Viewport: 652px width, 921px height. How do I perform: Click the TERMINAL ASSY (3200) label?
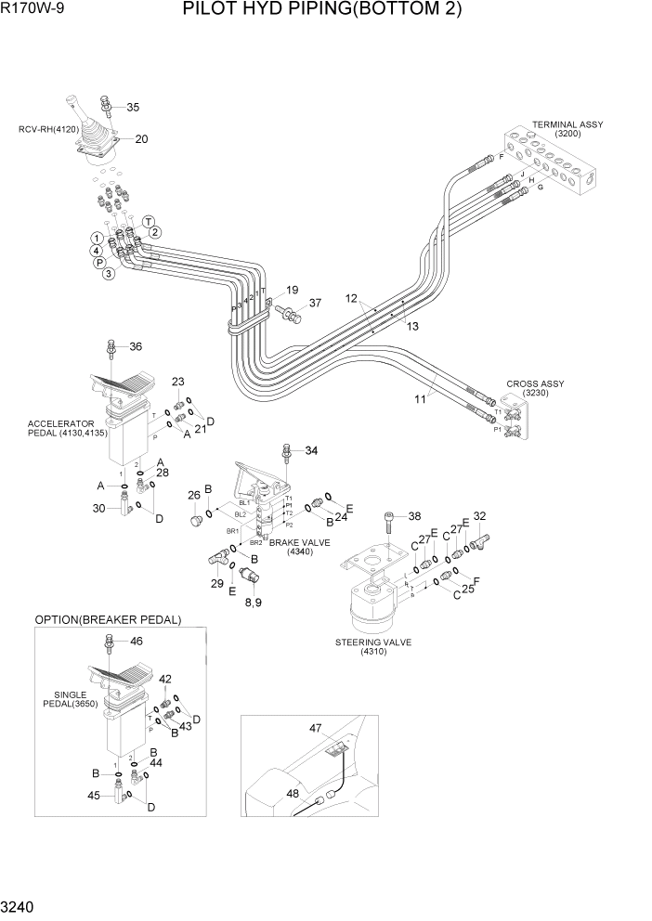pos(567,128)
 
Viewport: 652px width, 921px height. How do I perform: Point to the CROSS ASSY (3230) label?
pos(535,388)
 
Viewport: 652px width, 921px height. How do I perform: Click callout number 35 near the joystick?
pos(133,107)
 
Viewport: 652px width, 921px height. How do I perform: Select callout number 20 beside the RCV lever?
pos(141,139)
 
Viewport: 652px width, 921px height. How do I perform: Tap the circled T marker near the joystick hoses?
pos(148,220)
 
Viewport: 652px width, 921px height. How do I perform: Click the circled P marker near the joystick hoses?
pos(98,262)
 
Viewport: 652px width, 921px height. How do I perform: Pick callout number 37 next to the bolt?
pos(315,303)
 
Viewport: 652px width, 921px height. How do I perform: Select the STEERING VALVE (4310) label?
pos(372,645)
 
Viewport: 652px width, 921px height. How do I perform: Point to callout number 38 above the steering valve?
pos(414,516)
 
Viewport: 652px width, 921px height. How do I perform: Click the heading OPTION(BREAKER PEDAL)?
pos(108,619)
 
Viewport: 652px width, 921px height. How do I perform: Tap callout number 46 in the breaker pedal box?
pos(136,641)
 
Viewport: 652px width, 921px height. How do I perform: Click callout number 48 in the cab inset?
pos(293,794)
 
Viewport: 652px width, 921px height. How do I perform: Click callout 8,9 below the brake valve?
pos(252,603)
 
